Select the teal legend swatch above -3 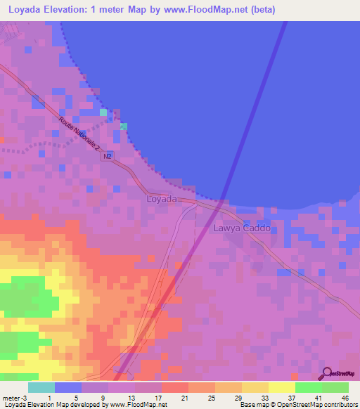point(41,387)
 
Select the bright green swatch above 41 point(309,387)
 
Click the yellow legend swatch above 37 point(282,387)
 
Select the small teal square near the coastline point(103,112)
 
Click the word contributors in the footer point(337,405)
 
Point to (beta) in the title point(262,10)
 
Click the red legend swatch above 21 point(175,387)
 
